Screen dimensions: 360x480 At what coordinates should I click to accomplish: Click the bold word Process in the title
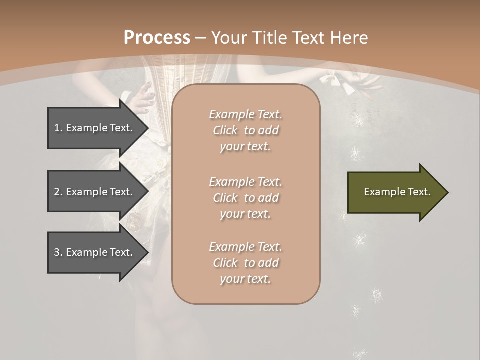click(x=157, y=37)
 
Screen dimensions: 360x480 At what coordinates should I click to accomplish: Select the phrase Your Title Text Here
click(x=290, y=37)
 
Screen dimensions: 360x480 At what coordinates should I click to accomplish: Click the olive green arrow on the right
click(x=395, y=192)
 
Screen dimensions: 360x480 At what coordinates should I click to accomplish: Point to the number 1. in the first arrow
click(x=58, y=128)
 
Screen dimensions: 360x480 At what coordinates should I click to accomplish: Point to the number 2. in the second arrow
click(x=58, y=192)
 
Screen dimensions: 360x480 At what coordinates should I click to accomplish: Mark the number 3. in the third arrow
click(x=58, y=252)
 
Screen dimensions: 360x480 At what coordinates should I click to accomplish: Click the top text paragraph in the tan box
click(x=245, y=130)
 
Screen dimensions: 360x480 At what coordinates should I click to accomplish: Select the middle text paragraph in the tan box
click(x=245, y=197)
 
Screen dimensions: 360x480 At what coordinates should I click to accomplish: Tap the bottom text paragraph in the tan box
click(x=245, y=263)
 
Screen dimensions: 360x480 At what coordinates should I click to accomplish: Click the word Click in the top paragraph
click(x=225, y=131)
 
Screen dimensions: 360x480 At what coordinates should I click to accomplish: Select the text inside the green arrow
click(x=397, y=192)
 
